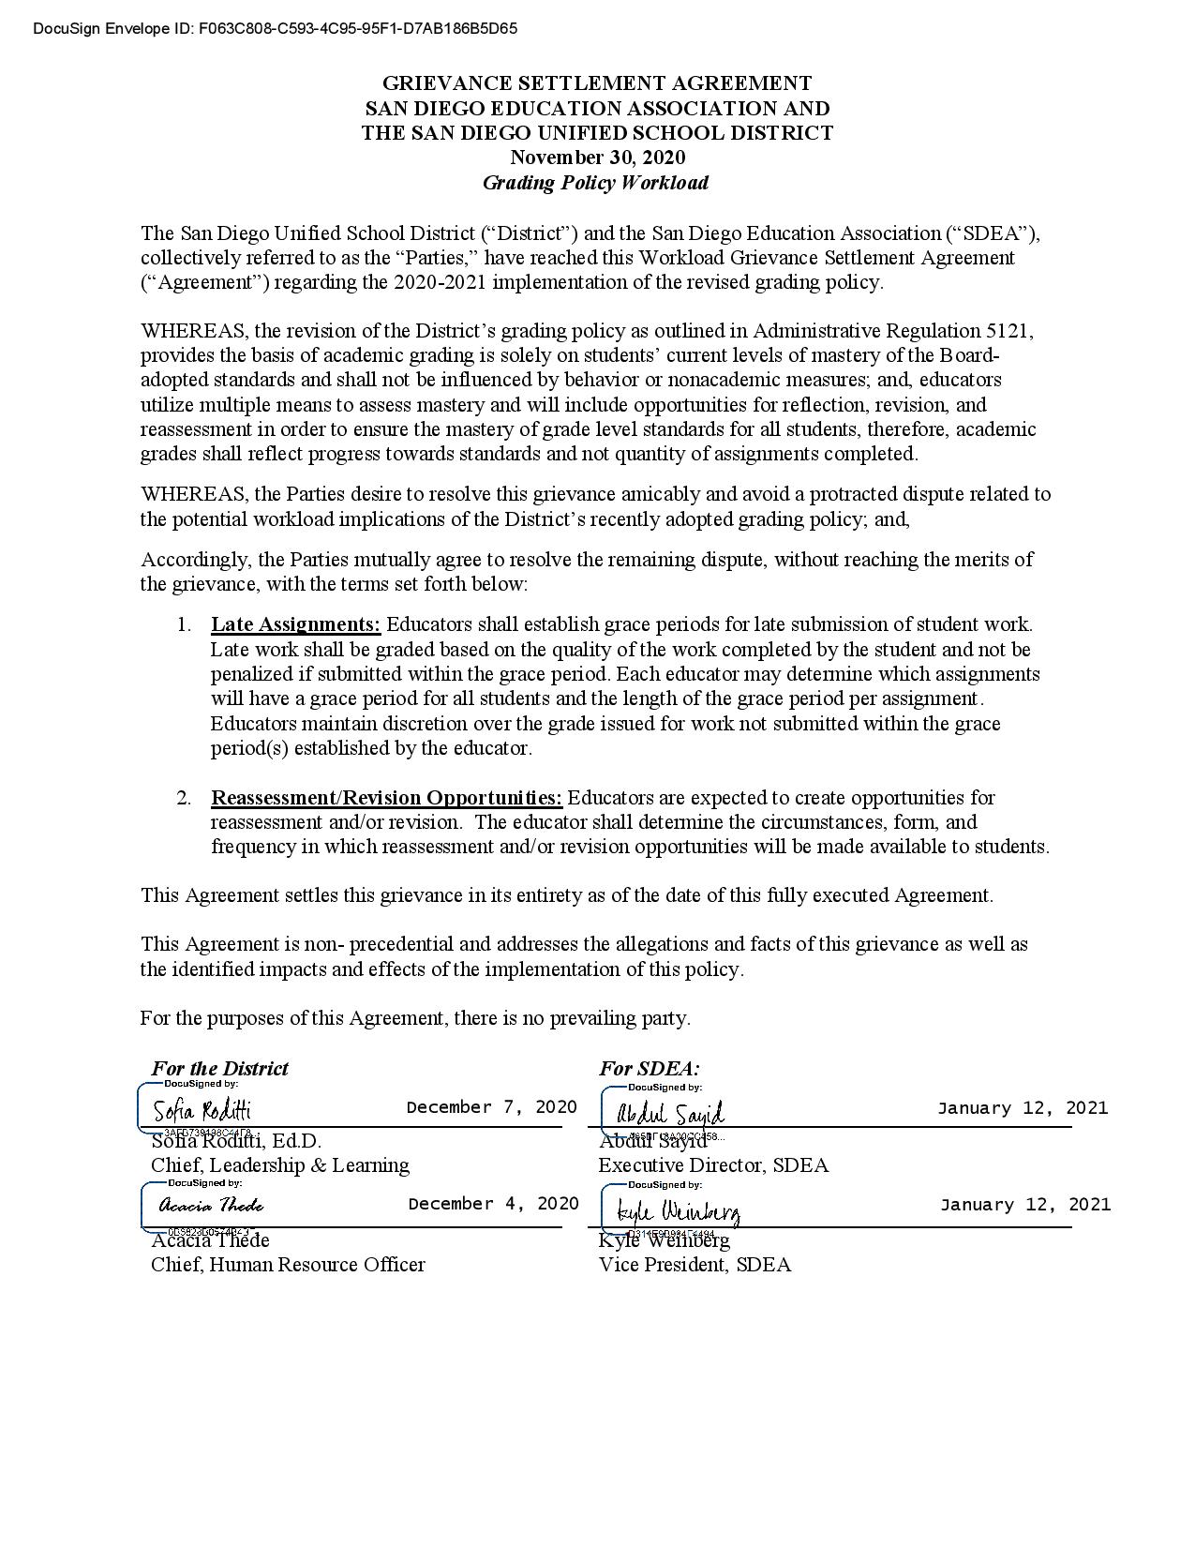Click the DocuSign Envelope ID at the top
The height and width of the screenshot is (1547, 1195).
tap(275, 29)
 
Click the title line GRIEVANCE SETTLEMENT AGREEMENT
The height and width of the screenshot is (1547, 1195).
tap(597, 83)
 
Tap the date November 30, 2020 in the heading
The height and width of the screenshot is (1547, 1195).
tap(597, 158)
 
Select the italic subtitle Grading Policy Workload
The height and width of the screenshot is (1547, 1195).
tap(595, 183)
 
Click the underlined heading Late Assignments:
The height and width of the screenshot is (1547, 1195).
tap(295, 624)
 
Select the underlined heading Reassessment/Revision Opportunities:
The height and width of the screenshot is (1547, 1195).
tap(386, 798)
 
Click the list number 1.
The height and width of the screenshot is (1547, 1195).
tap(184, 624)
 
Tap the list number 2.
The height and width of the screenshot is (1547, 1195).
tap(184, 798)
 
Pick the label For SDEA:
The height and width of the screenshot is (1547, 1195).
tap(649, 1068)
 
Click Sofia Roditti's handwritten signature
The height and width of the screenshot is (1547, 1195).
tap(202, 1111)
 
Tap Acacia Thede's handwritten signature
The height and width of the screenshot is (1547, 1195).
tap(211, 1206)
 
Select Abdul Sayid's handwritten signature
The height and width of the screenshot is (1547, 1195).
tap(670, 1113)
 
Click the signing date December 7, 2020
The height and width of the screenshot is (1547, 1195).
tap(491, 1107)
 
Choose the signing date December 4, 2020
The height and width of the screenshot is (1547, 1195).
tap(493, 1204)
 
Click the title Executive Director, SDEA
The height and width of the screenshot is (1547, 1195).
tap(713, 1165)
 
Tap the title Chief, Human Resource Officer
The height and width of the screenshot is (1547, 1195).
tap(288, 1265)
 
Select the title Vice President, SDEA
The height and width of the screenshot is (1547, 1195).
tap(695, 1265)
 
